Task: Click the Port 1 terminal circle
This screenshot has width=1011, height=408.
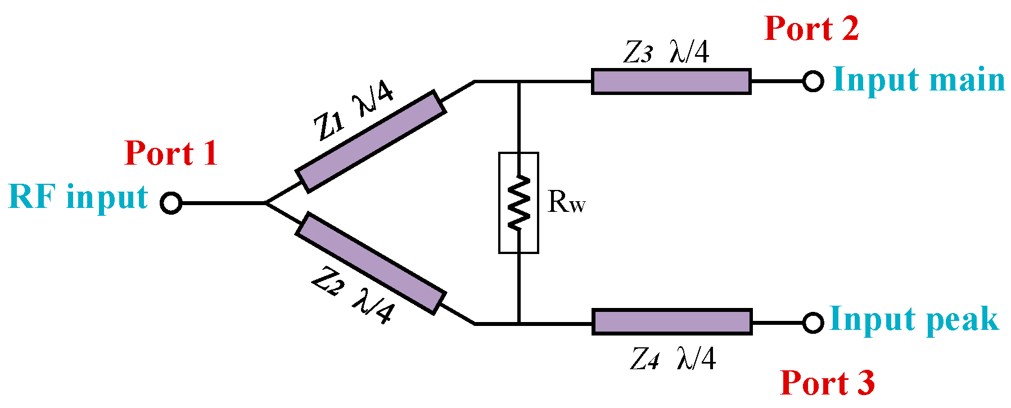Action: coord(171,202)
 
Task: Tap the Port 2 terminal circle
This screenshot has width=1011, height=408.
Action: coord(813,81)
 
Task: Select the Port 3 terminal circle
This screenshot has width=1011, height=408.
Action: coord(813,323)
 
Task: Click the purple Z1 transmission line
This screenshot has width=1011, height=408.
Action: coord(371,141)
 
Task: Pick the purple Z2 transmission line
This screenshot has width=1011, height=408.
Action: coord(371,262)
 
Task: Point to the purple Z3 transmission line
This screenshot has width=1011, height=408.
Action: coord(671,81)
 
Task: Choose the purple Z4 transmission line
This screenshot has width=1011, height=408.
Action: coord(672,322)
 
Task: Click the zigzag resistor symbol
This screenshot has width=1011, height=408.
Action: coord(518,202)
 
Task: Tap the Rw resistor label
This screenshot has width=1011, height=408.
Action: coord(566,202)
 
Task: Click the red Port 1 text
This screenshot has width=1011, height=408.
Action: coord(171,153)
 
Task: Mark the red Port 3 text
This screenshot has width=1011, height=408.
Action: coord(827,383)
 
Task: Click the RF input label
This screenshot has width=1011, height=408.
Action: coord(78,197)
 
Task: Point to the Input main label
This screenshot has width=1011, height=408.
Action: coord(918,79)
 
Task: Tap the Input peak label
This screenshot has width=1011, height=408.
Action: coord(914,319)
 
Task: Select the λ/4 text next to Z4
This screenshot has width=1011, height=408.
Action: coord(696,358)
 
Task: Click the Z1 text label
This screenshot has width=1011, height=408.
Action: coord(328,125)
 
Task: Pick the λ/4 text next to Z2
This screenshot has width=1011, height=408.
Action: coord(373,307)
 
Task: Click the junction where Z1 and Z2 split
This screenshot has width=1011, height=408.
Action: coord(265,202)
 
